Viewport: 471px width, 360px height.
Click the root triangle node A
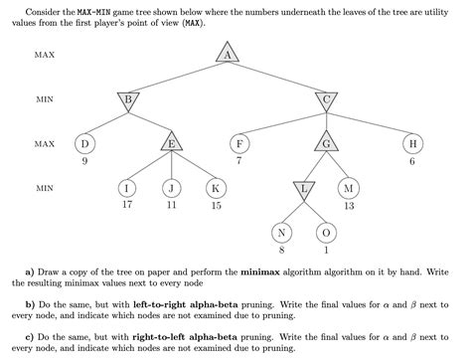click(x=228, y=55)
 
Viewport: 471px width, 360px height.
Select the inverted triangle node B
click(x=128, y=98)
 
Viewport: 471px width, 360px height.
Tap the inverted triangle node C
click(x=327, y=98)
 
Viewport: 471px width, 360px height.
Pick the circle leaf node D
click(x=84, y=144)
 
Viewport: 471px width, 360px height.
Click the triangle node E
click(x=172, y=144)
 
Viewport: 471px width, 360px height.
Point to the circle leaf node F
click(x=238, y=144)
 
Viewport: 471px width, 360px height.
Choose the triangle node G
click(x=327, y=144)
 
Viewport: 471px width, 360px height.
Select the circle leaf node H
click(x=413, y=144)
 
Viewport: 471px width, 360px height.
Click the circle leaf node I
click(x=128, y=187)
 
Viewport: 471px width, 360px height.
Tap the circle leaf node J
click(x=172, y=187)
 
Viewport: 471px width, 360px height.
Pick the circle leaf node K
click(x=216, y=187)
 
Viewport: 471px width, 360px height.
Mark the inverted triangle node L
click(x=305, y=188)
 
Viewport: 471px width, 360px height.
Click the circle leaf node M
click(x=349, y=187)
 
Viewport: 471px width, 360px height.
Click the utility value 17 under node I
click(x=128, y=205)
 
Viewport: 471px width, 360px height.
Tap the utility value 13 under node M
click(x=349, y=205)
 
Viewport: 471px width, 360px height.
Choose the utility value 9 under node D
click(x=84, y=161)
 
